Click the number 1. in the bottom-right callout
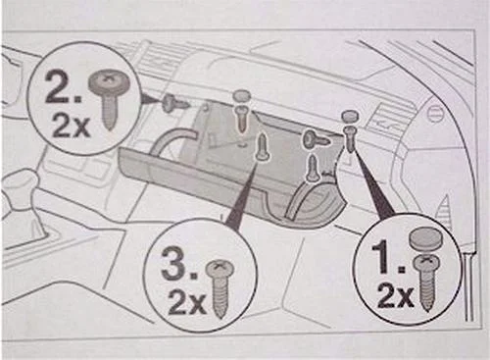coord(390,259)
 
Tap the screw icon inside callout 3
coord(222,284)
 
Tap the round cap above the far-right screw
coord(352,118)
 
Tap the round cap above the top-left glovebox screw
coord(242,95)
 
